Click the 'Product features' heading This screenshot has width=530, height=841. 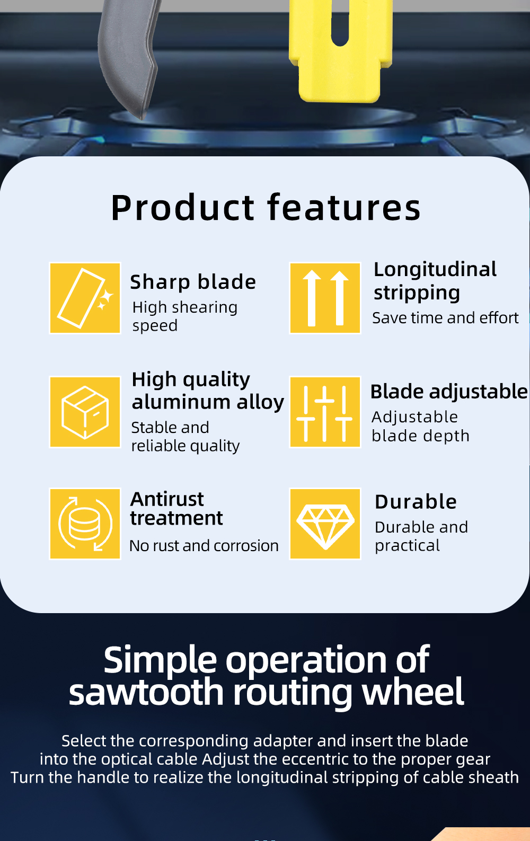pyautogui.click(x=266, y=208)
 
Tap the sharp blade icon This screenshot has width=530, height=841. pyautogui.click(x=85, y=298)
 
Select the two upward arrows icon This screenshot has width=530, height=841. pyautogui.click(x=325, y=298)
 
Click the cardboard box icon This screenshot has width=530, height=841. pyautogui.click(x=85, y=412)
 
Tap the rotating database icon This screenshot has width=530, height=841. pyautogui.click(x=85, y=524)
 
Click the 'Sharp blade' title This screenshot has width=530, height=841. pyautogui.click(x=193, y=282)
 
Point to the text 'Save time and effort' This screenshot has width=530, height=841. pyautogui.click(x=445, y=318)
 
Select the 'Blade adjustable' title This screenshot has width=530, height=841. pyautogui.click(x=449, y=392)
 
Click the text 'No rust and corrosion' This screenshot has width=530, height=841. pyautogui.click(x=204, y=546)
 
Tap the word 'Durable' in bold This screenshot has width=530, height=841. pyautogui.click(x=416, y=502)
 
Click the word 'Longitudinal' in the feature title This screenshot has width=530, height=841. pyautogui.click(x=435, y=270)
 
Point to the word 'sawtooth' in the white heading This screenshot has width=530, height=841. pyautogui.click(x=146, y=692)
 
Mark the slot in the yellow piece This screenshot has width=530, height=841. pyautogui.click(x=340, y=23)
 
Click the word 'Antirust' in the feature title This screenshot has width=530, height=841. pyautogui.click(x=167, y=499)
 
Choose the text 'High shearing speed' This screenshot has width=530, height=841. pyautogui.click(x=185, y=316)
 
